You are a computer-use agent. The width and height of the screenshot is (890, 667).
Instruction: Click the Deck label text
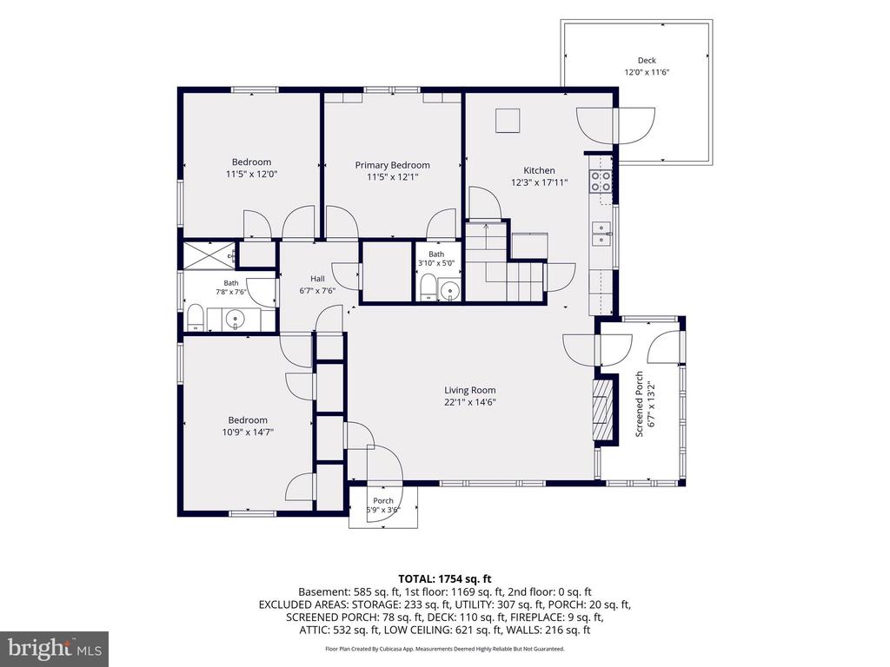click(x=647, y=60)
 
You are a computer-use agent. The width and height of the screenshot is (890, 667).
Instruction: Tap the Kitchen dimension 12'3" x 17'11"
click(x=539, y=182)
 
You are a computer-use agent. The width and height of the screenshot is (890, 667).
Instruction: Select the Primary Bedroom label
click(x=392, y=165)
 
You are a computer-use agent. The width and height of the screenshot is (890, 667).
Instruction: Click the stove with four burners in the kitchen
click(x=601, y=181)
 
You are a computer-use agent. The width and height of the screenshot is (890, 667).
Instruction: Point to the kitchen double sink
click(x=601, y=234)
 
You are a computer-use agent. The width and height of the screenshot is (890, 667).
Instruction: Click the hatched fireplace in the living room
click(x=603, y=410)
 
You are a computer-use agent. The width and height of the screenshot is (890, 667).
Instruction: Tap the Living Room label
click(x=470, y=390)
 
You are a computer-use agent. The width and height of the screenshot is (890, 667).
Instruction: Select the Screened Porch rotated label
click(x=639, y=404)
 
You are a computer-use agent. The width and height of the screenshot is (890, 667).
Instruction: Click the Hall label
click(x=317, y=279)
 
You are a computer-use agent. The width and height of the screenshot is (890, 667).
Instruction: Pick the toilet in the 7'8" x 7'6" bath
click(x=196, y=318)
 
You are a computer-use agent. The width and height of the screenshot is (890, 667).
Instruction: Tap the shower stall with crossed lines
click(x=208, y=256)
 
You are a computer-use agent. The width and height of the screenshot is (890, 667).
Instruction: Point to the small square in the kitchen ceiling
click(x=508, y=121)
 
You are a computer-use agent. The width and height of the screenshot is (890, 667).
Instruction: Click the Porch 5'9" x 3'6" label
click(x=383, y=505)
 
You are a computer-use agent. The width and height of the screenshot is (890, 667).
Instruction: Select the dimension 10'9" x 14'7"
click(x=248, y=433)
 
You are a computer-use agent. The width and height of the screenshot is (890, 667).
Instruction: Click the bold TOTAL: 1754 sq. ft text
click(x=444, y=579)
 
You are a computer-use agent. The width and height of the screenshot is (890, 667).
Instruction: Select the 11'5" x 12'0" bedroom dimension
click(x=251, y=174)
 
